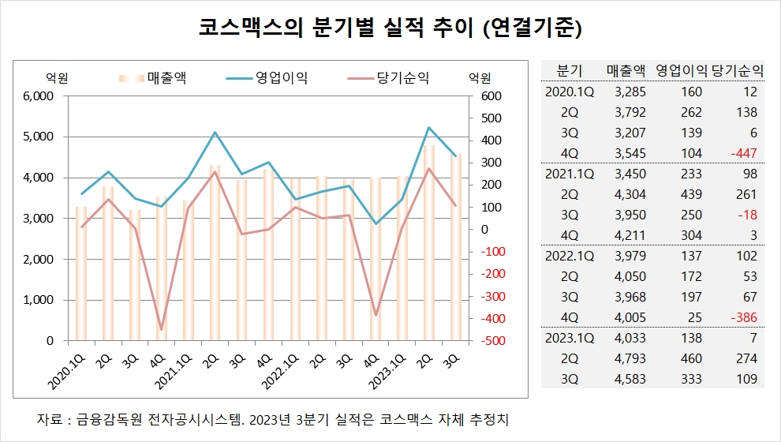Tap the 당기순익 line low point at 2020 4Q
point(162,329)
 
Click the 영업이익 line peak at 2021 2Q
point(215,133)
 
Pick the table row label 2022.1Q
point(570,256)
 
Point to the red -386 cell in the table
point(743,317)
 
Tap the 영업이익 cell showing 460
point(691,358)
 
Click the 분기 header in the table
point(570,69)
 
